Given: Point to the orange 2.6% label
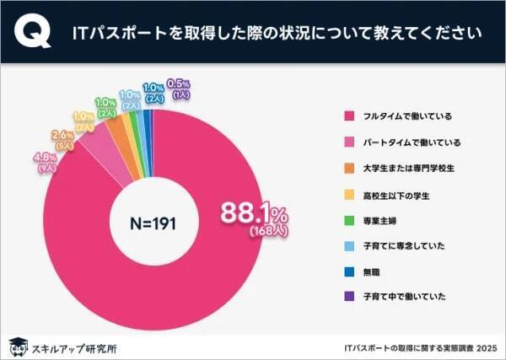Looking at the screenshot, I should click(x=62, y=135).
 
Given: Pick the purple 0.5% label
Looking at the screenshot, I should click(x=180, y=83).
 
